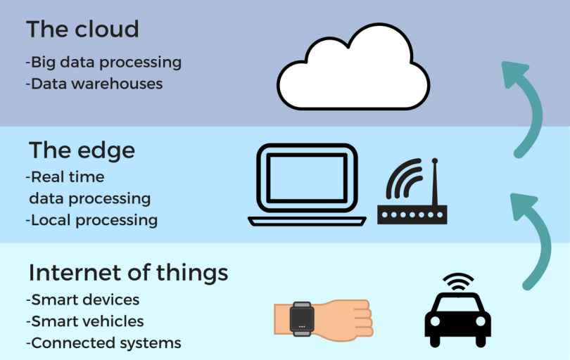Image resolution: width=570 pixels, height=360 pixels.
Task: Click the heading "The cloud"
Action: (x=82, y=29)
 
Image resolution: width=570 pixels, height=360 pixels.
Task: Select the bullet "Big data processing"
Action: (x=103, y=63)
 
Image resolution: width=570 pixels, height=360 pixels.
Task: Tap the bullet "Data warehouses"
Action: (x=94, y=84)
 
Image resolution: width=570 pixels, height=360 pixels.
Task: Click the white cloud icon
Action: (x=353, y=67)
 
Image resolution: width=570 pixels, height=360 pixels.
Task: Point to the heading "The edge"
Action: (x=82, y=150)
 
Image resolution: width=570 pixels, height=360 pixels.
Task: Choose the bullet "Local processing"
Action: (x=91, y=221)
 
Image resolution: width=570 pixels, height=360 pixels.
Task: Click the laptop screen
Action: (x=308, y=178)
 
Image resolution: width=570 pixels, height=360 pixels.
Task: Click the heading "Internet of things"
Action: (x=128, y=272)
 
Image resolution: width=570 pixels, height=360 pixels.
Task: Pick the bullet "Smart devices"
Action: (x=82, y=300)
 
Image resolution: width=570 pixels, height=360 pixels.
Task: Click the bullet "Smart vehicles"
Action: (x=84, y=321)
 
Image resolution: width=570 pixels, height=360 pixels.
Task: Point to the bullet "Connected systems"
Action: (x=103, y=343)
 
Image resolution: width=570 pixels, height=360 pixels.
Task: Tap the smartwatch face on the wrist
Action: (x=302, y=319)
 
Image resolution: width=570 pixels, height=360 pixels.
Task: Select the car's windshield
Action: (x=457, y=304)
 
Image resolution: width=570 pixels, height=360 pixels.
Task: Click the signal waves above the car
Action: (x=458, y=282)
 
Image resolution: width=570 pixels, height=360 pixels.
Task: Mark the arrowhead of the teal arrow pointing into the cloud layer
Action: (x=514, y=74)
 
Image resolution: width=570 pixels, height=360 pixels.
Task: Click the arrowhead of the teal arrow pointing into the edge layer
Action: (x=523, y=206)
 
